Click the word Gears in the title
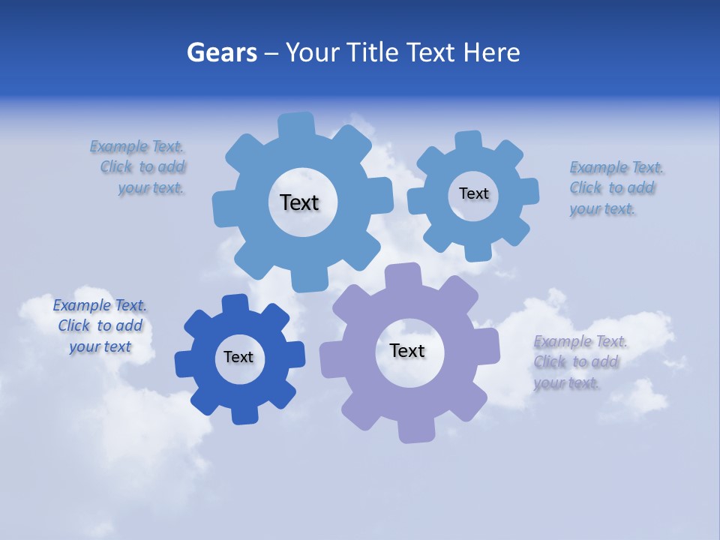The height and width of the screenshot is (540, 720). [x=221, y=52]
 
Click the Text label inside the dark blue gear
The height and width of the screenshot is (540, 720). [x=238, y=357]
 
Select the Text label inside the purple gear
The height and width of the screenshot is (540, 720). [x=407, y=350]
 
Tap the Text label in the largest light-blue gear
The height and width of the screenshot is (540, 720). [x=299, y=202]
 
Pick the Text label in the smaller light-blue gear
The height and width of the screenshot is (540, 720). [x=473, y=193]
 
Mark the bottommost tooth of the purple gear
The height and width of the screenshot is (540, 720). [x=415, y=430]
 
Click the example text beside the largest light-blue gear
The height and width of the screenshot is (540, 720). [x=138, y=167]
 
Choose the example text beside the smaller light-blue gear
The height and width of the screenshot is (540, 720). [x=613, y=188]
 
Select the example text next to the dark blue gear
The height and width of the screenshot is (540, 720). [x=100, y=326]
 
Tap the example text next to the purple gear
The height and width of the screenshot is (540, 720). [x=577, y=362]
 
